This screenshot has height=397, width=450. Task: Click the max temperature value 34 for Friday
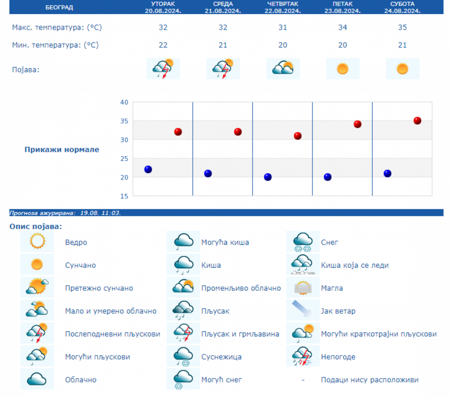[342, 28]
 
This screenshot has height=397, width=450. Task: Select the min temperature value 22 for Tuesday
[163, 45]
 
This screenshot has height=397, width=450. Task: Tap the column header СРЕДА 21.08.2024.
[223, 7]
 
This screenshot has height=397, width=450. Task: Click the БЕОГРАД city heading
[59, 8]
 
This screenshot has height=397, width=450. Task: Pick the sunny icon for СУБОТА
[402, 69]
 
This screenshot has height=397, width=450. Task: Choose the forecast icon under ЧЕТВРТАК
[282, 68]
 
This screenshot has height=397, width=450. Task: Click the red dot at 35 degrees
[417, 121]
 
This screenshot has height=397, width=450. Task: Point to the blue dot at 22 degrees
[148, 169]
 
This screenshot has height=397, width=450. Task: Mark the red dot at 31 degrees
[297, 136]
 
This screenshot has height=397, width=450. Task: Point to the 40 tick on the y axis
[124, 102]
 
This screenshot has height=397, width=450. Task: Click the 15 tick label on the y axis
[124, 196]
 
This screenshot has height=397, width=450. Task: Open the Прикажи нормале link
[62, 149]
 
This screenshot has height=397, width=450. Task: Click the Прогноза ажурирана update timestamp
[65, 213]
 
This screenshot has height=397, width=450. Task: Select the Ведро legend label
[76, 242]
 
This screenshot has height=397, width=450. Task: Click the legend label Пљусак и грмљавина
[240, 334]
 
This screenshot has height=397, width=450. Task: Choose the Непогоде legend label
[338, 357]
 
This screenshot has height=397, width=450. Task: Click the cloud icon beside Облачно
[37, 379]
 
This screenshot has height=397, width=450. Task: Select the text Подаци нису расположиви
[369, 380]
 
